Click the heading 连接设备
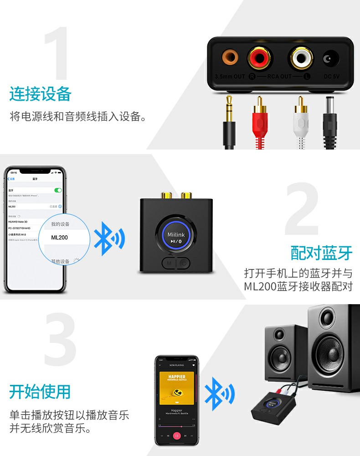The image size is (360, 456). pos(41,94)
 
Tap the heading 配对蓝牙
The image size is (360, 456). pos(322,252)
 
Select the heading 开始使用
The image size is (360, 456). pos(41,391)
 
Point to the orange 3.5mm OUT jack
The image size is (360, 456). pos(230,58)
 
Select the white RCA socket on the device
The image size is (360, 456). pos(301,58)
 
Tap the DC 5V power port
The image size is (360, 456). pos(330,59)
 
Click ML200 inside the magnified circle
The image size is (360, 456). pos(60,238)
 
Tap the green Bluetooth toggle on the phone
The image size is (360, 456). pos(58,190)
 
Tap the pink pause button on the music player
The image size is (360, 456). pos(176,435)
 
